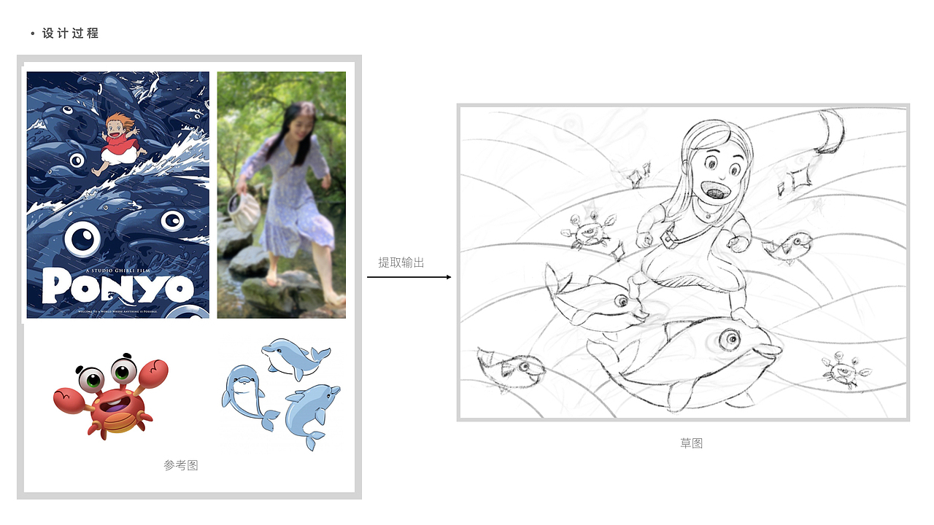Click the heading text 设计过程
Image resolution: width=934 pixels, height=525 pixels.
(70, 34)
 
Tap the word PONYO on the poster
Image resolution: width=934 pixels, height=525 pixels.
(117, 285)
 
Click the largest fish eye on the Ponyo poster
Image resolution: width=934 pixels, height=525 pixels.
(82, 239)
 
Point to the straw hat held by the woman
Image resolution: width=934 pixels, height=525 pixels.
(244, 207)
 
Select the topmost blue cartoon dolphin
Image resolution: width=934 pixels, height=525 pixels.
(296, 357)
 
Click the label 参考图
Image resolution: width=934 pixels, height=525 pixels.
(181, 465)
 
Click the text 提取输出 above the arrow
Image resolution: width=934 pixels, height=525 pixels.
(401, 262)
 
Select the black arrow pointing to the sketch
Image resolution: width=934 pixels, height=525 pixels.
(409, 277)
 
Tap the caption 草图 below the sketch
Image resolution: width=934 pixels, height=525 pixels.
(691, 443)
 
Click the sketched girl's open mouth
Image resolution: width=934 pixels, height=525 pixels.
(718, 191)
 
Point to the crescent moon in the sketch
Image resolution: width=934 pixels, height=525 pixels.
(829, 132)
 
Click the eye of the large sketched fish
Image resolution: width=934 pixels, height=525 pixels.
(729, 338)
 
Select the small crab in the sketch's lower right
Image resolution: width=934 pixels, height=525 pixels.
(845, 370)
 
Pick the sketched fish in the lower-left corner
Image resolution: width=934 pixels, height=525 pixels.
(511, 368)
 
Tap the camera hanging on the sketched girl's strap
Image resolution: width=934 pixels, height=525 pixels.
(666, 236)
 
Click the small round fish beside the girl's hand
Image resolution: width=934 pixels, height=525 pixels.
(791, 246)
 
